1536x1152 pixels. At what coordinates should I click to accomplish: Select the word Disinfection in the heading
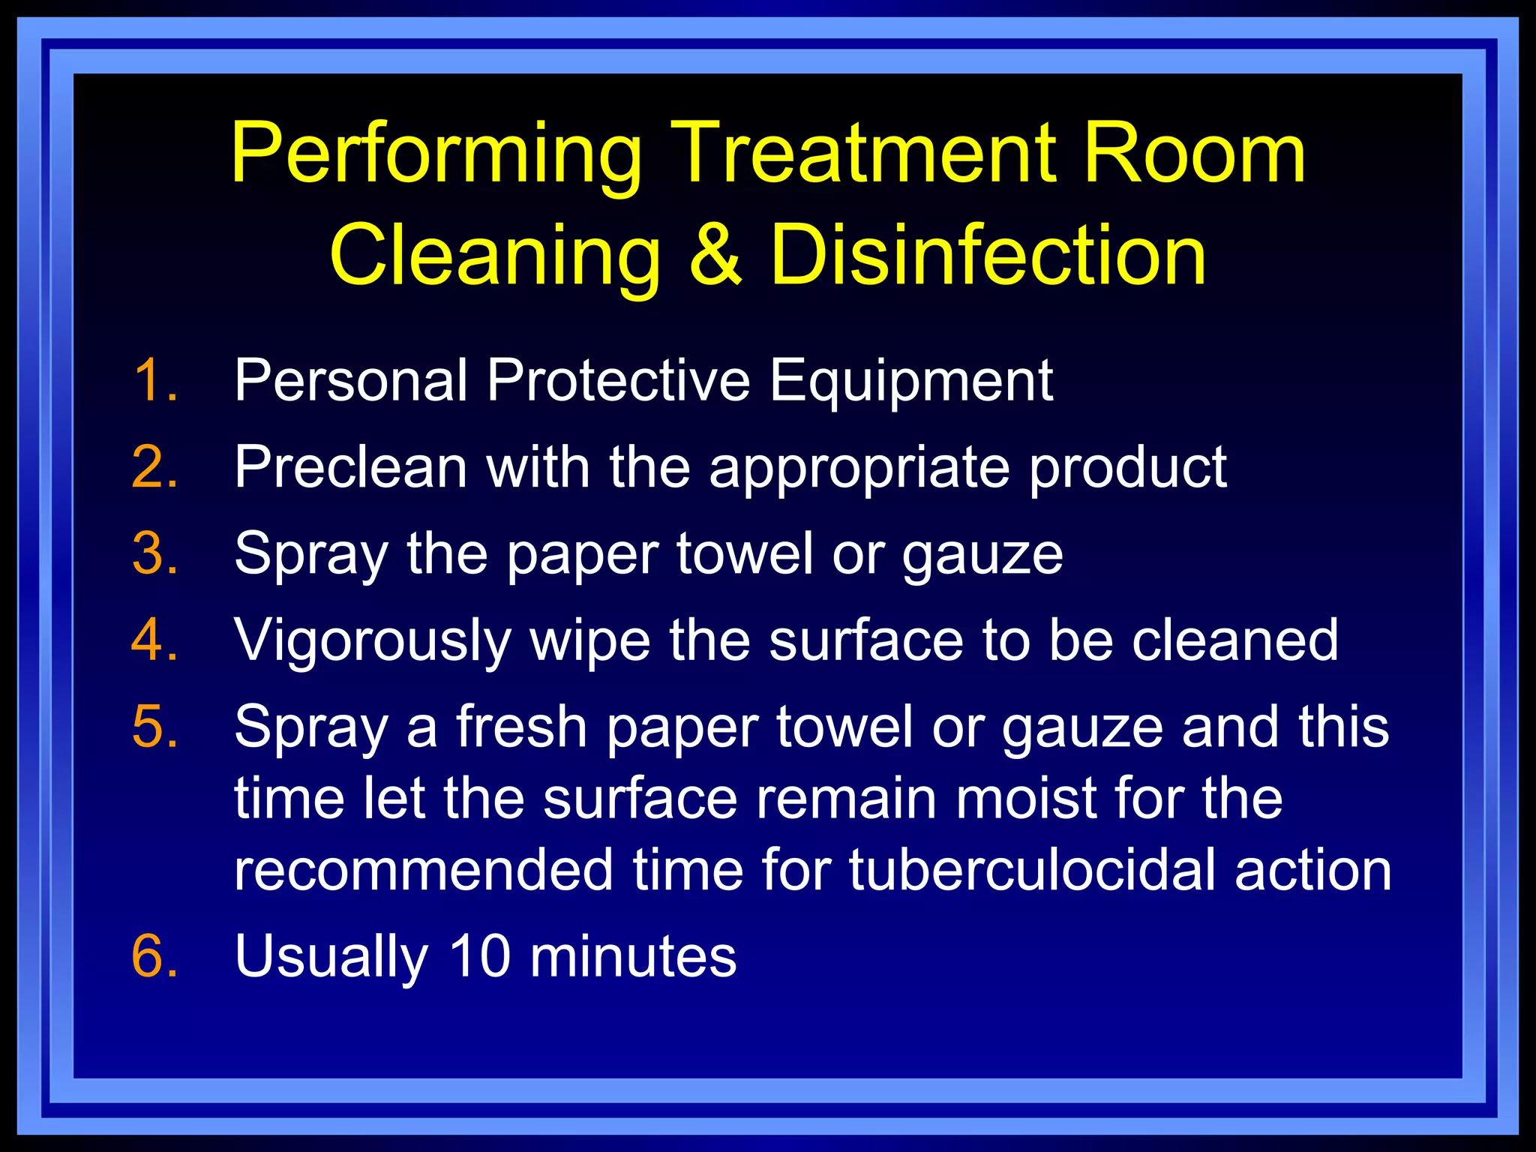pos(988,256)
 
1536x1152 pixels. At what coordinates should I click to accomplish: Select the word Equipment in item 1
pos(911,382)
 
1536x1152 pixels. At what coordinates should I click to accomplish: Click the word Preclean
pos(351,467)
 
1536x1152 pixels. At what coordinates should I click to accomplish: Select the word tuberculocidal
pos(1032,870)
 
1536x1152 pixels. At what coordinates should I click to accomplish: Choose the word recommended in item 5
pos(424,870)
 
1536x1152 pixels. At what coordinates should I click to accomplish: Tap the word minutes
pos(633,956)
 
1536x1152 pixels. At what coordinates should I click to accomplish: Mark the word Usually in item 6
pos(331,958)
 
